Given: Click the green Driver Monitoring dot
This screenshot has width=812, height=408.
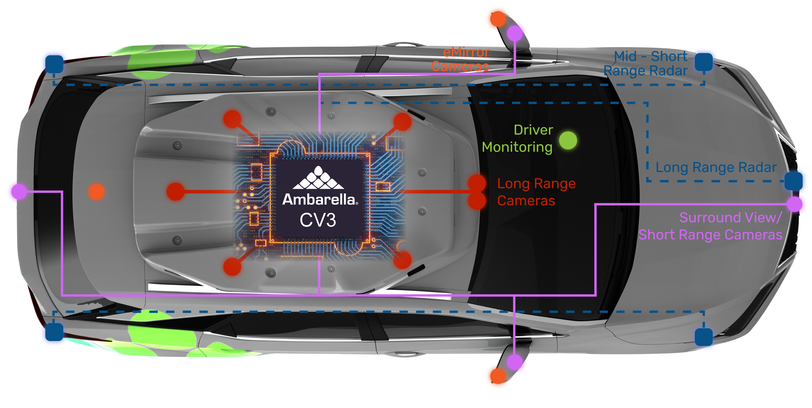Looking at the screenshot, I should [568, 140].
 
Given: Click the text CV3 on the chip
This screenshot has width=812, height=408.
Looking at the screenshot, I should [318, 220].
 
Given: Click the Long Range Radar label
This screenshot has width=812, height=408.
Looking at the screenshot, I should [716, 167].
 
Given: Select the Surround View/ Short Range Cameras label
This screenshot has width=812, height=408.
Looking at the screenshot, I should [710, 226].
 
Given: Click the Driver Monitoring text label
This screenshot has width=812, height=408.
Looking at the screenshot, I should [518, 139].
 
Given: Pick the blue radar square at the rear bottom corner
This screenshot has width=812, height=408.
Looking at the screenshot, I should [54, 332].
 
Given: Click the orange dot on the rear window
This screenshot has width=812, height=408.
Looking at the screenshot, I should [96, 191].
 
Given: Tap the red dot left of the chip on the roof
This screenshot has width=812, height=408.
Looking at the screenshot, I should [175, 191].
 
